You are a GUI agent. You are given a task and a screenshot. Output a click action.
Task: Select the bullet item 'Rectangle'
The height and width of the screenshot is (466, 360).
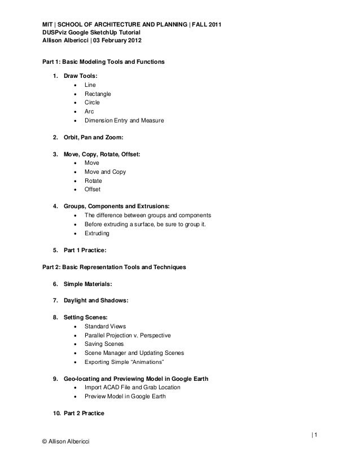pyautogui.click(x=98, y=94)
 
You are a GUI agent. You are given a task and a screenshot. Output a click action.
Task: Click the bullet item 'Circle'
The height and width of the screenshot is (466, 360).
pyautogui.click(x=92, y=103)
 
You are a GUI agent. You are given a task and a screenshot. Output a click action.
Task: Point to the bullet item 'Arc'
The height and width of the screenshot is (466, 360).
pyautogui.click(x=89, y=112)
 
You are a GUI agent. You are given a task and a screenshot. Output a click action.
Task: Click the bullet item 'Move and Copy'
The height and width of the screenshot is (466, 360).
pyautogui.click(x=105, y=172)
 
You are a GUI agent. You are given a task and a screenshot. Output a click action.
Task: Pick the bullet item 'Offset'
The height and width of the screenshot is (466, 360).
pyautogui.click(x=93, y=190)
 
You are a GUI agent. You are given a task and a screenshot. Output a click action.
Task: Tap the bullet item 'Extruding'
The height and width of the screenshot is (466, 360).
pyautogui.click(x=97, y=234)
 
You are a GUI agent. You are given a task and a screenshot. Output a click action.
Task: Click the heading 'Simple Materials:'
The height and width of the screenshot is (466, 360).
pyautogui.click(x=87, y=284)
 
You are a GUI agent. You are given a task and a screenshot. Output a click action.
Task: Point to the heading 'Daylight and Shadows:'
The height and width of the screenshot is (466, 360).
pyautogui.click(x=96, y=301)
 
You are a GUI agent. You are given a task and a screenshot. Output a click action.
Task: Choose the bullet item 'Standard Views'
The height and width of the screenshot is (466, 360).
pyautogui.click(x=106, y=326)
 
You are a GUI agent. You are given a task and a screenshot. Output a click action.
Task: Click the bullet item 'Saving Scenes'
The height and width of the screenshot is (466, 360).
pyautogui.click(x=104, y=344)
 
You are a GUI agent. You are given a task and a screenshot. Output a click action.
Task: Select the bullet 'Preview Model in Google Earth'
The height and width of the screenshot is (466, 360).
pyautogui.click(x=125, y=396)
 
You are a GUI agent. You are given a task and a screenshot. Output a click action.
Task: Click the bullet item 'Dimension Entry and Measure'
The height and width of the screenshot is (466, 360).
pyautogui.click(x=124, y=120)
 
